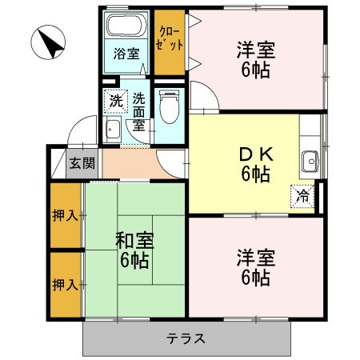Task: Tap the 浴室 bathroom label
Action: tap(126, 54)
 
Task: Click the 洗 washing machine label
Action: tap(117, 102)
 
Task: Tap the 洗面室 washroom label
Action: tap(139, 113)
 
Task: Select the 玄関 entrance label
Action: tap(81, 164)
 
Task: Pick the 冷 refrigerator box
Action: tap(304, 194)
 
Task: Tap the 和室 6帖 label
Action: tap(134, 249)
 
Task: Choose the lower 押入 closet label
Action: tap(65, 284)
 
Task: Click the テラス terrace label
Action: tap(186, 338)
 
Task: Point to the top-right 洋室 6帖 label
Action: tap(256, 60)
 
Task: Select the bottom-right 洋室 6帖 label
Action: tap(256, 268)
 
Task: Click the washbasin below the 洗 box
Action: tap(113, 131)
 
